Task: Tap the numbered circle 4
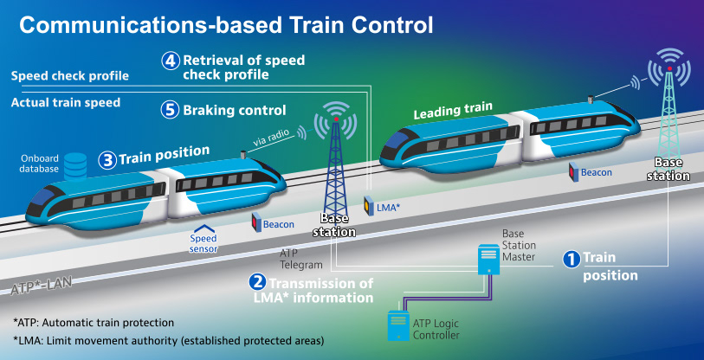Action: (171, 61)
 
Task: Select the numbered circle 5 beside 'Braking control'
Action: (171, 110)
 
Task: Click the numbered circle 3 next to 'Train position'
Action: (107, 159)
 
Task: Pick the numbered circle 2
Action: (257, 281)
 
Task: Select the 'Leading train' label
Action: (453, 110)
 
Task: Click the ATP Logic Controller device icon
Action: (397, 323)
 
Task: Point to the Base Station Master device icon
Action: (489, 258)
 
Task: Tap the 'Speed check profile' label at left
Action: (70, 76)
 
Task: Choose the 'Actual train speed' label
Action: (66, 103)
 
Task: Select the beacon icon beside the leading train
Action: (573, 171)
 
